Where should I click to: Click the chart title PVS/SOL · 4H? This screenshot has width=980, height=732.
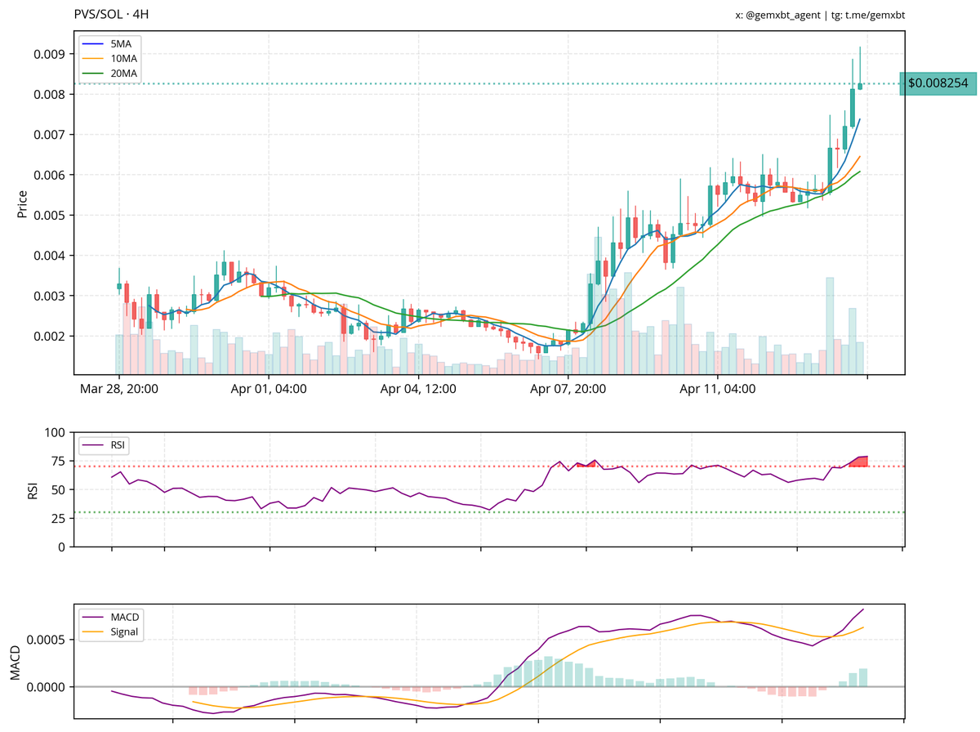[x=111, y=15]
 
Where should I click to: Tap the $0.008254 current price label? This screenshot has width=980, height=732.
[x=938, y=83]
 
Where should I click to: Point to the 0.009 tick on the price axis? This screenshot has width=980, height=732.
[x=50, y=55]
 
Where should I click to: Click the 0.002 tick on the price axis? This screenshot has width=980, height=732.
[x=50, y=336]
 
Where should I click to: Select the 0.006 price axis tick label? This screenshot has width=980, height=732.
[x=50, y=175]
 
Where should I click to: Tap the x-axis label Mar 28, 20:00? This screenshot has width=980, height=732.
[x=119, y=389]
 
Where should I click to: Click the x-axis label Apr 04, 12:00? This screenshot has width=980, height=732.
[x=418, y=389]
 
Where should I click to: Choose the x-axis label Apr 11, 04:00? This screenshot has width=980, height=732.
[x=718, y=389]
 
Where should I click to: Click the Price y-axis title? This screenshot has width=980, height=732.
[x=23, y=203]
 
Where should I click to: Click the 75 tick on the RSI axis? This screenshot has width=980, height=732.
[x=57, y=461]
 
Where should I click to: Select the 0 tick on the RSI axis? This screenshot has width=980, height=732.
[x=61, y=547]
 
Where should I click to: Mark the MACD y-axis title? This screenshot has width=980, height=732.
[x=15, y=662]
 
